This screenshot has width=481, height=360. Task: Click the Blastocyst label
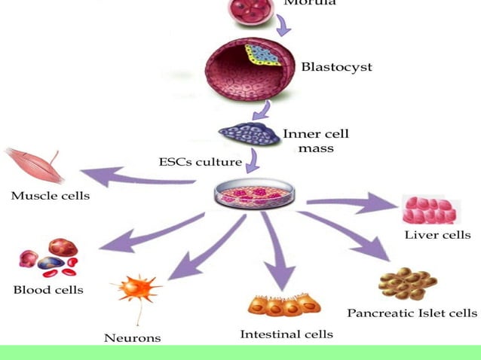click(336, 67)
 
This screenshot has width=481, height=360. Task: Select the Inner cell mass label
click(316, 141)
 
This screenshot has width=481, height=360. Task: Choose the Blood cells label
click(48, 289)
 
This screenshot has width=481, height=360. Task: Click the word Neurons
click(132, 337)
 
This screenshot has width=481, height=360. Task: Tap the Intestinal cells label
click(286, 333)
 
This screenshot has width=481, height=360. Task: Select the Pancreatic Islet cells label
click(412, 312)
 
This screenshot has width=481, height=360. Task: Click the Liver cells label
click(437, 235)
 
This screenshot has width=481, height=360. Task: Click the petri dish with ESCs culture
click(259, 194)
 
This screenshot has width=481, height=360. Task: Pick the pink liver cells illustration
click(430, 210)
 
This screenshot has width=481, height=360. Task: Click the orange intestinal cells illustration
click(284, 305)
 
